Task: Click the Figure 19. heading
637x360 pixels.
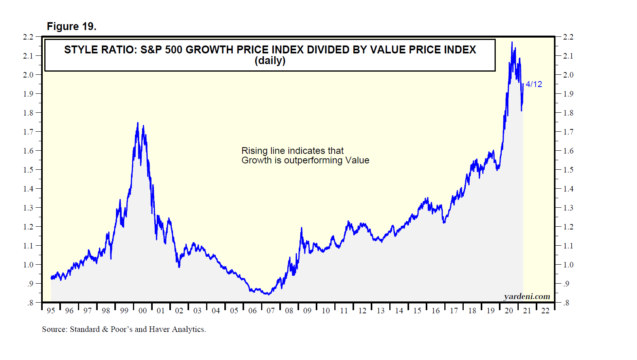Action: click(72, 27)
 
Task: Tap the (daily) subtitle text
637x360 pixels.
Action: click(270, 61)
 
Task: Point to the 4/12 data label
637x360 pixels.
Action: click(534, 84)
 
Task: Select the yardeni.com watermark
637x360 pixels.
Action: click(527, 296)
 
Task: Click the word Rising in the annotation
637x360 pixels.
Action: click(254, 151)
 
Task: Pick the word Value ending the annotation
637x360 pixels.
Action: click(357, 160)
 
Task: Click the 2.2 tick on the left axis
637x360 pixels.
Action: click(28, 37)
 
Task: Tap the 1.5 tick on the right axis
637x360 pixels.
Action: click(568, 170)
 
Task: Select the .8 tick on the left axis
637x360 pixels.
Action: click(30, 303)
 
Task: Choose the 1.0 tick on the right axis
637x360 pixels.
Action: click(568, 265)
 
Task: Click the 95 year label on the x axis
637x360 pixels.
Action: click(51, 311)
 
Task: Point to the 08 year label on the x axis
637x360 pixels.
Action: click(289, 311)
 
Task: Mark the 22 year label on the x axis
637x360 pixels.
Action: click(545, 311)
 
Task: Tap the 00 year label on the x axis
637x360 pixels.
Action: click(142, 311)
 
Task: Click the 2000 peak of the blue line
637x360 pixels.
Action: click(138, 123)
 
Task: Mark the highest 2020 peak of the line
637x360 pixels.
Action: click(512, 42)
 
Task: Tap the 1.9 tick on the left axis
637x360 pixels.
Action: click(28, 94)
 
